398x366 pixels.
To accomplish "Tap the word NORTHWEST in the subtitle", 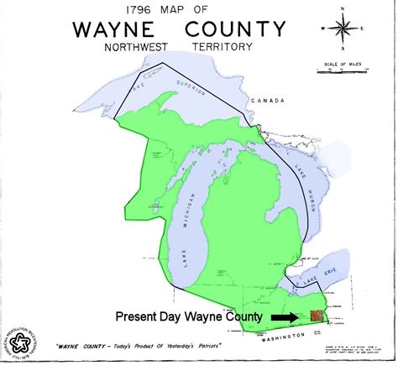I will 139,48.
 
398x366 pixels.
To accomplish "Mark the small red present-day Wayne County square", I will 316,316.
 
